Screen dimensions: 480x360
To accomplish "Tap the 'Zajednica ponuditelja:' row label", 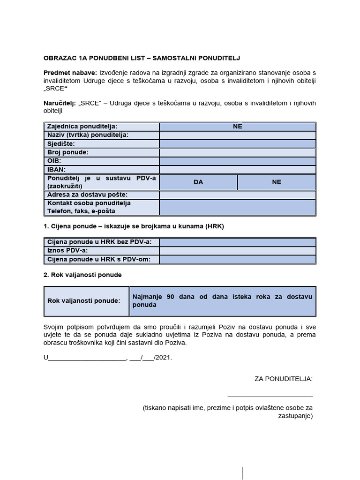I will [82, 127].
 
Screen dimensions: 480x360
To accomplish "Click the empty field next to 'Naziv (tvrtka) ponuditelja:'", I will [238, 135].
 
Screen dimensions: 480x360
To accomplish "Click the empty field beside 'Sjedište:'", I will [238, 144].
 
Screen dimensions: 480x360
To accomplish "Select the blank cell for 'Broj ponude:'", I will [238, 152].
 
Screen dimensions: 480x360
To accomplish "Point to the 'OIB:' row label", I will [54, 161].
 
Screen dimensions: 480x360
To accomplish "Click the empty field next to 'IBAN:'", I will [238, 169].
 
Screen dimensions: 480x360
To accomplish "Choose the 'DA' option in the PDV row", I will [198, 182].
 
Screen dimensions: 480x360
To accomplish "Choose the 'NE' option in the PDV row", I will [277, 182].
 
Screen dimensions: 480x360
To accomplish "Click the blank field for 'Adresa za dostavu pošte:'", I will [238, 195].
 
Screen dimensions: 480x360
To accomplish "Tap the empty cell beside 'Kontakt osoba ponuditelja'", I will [238, 207].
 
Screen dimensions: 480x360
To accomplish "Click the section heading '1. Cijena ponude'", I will [134, 226].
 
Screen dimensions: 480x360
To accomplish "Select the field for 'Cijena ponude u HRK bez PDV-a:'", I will [238, 242].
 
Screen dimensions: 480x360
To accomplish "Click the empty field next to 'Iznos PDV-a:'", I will [238, 251].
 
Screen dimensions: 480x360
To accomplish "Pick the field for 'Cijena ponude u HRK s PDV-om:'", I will [238, 259].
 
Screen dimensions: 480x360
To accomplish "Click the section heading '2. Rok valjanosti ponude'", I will [82, 275].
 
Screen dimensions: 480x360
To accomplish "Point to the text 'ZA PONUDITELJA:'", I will [283, 378].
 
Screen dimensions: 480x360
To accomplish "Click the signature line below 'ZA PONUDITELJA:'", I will [270, 397].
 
